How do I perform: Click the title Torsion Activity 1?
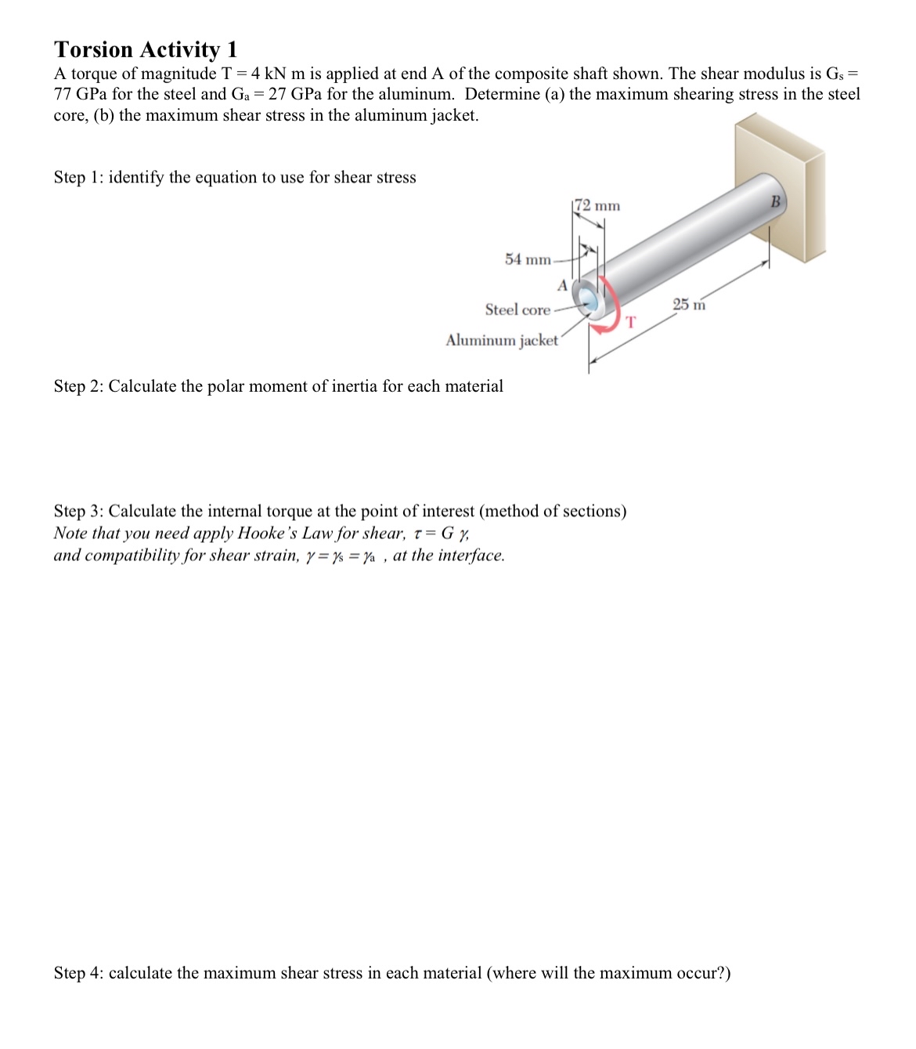click(145, 49)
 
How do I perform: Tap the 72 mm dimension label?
click(597, 206)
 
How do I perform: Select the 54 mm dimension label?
click(527, 259)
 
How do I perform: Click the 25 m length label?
click(689, 304)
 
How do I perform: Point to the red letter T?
click(631, 321)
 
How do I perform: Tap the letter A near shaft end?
click(561, 284)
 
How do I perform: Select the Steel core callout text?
click(518, 309)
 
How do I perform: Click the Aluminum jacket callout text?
click(502, 340)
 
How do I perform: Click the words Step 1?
click(78, 177)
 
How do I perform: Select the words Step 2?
click(78, 386)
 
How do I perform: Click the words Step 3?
click(78, 512)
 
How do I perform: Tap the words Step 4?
click(78, 973)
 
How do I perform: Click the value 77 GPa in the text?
click(81, 94)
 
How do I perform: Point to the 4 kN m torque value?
click(279, 74)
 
